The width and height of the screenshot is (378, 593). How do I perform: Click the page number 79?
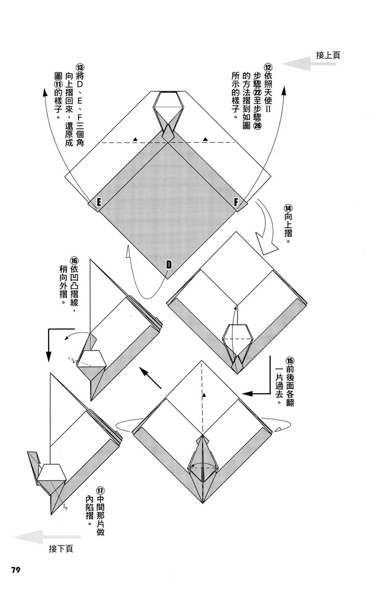(16, 570)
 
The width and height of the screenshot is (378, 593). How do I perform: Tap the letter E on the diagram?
(98, 203)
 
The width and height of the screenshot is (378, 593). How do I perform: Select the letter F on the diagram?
(236, 203)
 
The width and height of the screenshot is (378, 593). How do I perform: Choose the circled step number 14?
(288, 208)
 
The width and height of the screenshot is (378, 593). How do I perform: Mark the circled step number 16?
(74, 262)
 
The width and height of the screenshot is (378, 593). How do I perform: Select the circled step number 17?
(101, 491)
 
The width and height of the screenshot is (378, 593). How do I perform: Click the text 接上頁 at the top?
(328, 55)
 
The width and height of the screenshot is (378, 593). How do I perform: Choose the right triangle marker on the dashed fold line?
(205, 139)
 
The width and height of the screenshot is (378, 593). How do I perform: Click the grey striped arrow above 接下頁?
(39, 537)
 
